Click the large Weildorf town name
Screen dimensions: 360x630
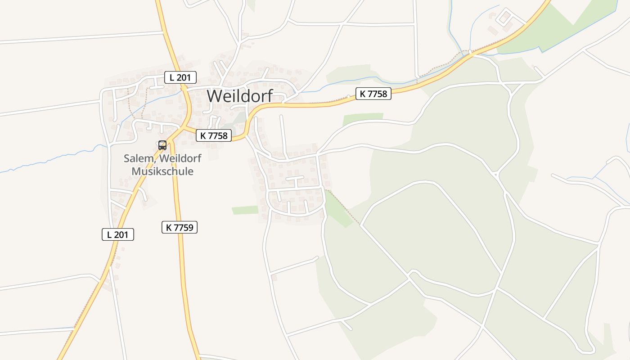pyautogui.click(x=239, y=96)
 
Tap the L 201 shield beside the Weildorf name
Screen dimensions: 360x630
pyautogui.click(x=180, y=77)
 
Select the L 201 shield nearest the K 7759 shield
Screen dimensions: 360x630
pyautogui.click(x=118, y=234)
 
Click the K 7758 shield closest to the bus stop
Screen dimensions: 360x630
pyautogui.click(x=214, y=135)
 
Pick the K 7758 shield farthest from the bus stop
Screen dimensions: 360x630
pyautogui.click(x=373, y=94)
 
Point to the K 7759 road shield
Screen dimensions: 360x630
pyautogui.click(x=180, y=227)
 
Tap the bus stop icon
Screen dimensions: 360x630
pyautogui.click(x=162, y=145)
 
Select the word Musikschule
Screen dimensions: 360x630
pyautogui.click(x=162, y=171)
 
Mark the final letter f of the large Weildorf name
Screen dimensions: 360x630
pyautogui.click(x=269, y=96)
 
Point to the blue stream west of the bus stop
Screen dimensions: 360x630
pyautogui.click(x=54, y=160)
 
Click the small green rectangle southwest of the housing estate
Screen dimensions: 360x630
pyautogui.click(x=245, y=210)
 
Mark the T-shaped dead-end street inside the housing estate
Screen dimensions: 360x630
pyautogui.click(x=295, y=179)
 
